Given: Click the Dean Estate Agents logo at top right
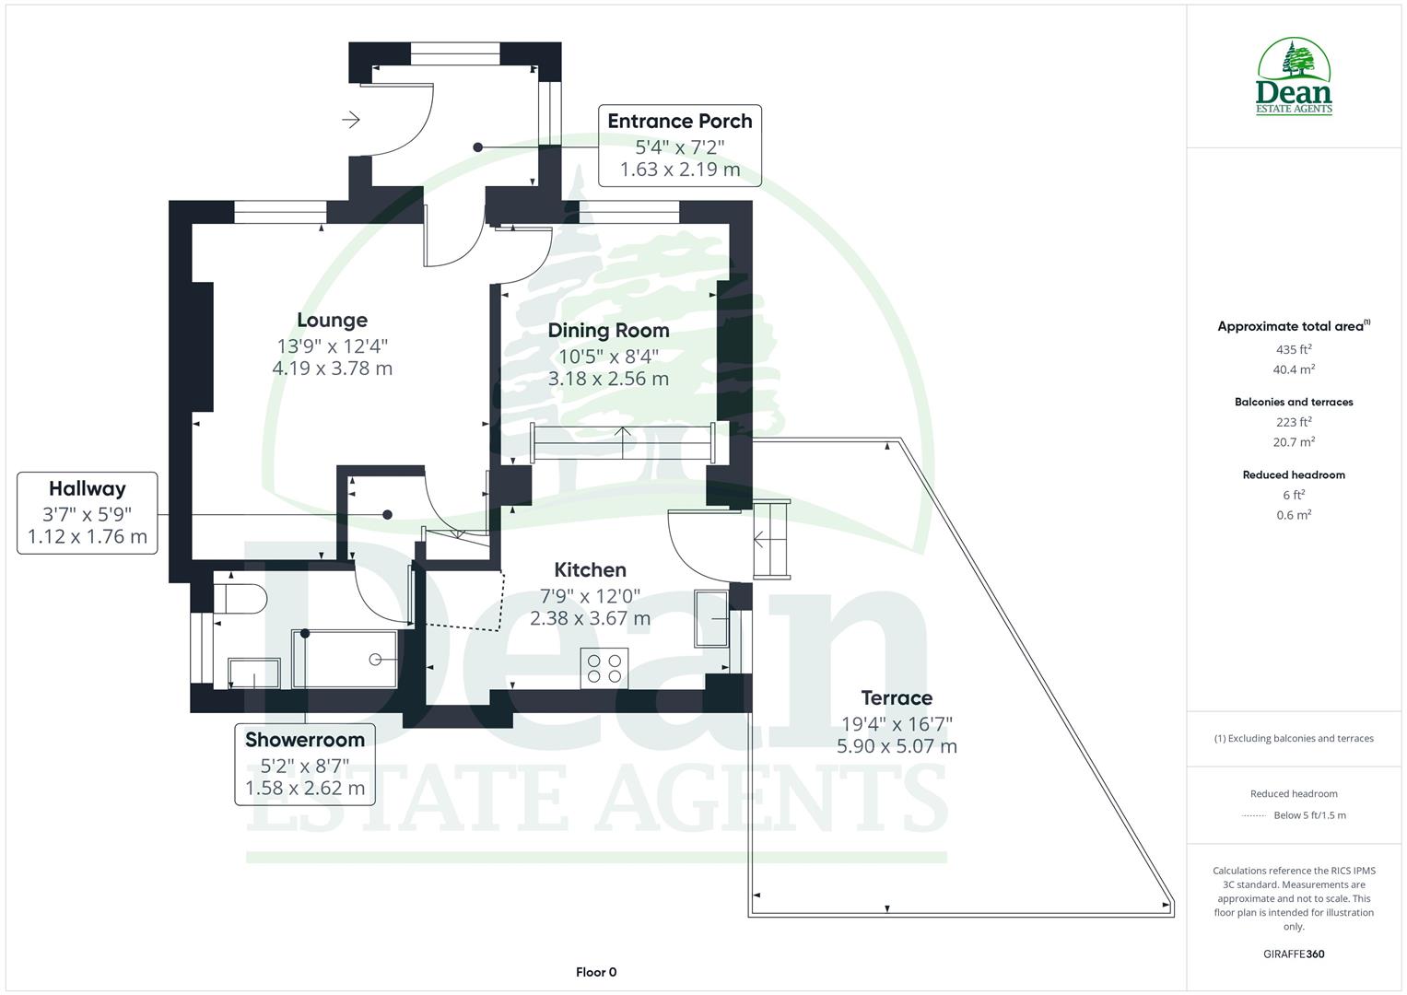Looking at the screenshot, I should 1294,77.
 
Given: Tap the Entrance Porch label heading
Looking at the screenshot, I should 679,121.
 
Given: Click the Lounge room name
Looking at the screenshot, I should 332,320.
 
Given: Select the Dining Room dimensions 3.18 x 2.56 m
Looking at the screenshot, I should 608,379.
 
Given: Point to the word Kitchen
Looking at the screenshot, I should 590,569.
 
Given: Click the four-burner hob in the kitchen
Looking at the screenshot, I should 604,668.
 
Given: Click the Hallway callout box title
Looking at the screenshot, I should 87,488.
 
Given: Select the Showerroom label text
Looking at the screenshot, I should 304,739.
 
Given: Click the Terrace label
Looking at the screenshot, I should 896,697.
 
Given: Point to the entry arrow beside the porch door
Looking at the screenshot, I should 351,120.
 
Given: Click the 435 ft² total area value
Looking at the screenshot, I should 1294,349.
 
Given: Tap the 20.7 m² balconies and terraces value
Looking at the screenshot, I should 1294,442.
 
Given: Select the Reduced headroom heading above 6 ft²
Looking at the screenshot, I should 1294,475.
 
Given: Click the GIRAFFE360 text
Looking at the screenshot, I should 1294,954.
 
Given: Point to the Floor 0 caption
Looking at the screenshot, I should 596,972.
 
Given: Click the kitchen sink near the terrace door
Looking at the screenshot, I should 710,619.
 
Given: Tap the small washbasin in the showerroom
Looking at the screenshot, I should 253,673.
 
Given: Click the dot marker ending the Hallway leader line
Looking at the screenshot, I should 388,514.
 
